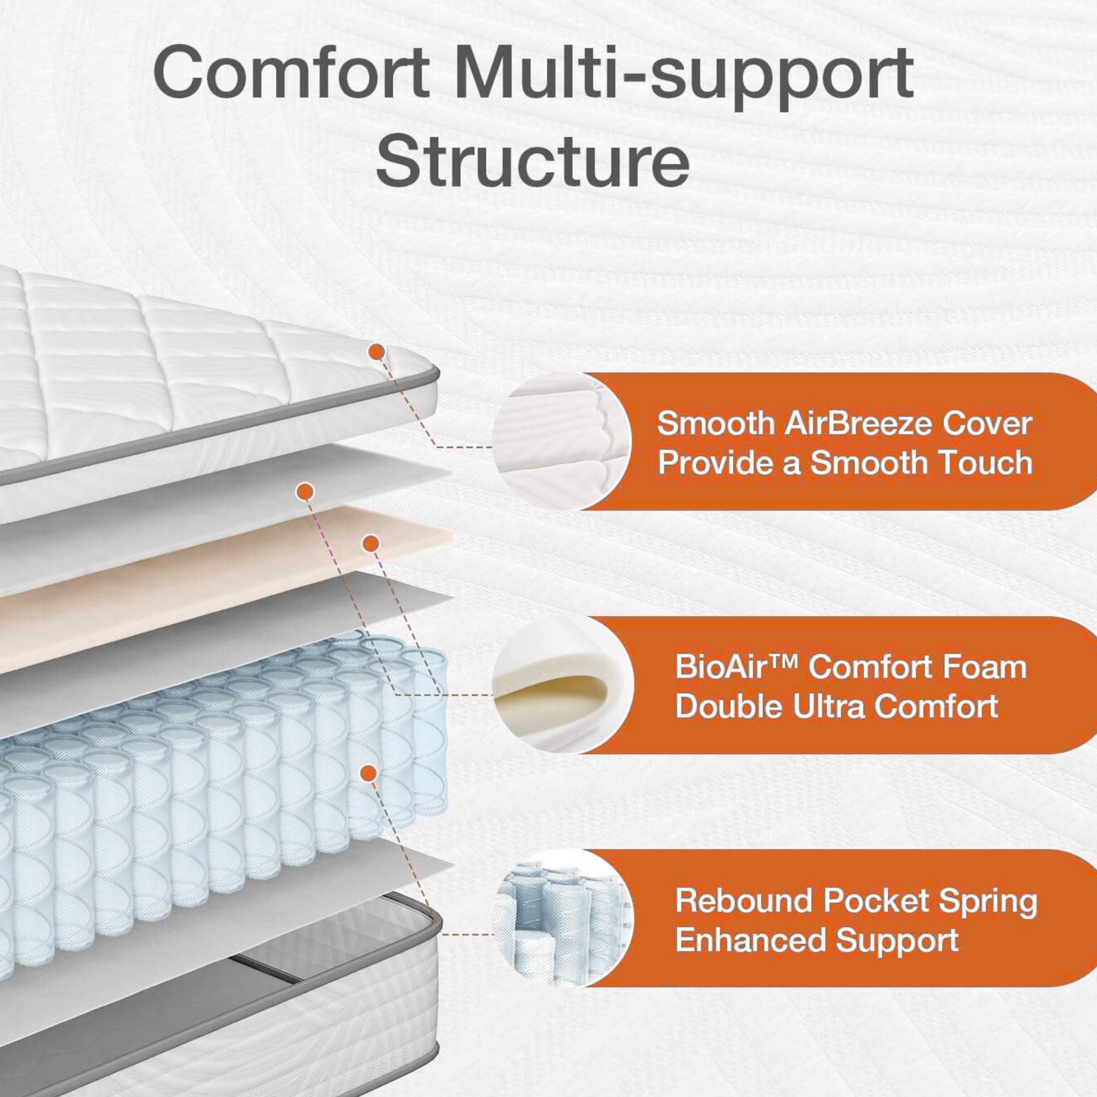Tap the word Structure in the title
tap(533, 160)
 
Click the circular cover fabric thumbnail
tap(562, 442)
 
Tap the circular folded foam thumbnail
tap(563, 685)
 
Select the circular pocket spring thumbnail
tap(563, 918)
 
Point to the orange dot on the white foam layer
tap(305, 492)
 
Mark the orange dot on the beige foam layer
tap(371, 544)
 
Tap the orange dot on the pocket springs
tap(369, 773)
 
